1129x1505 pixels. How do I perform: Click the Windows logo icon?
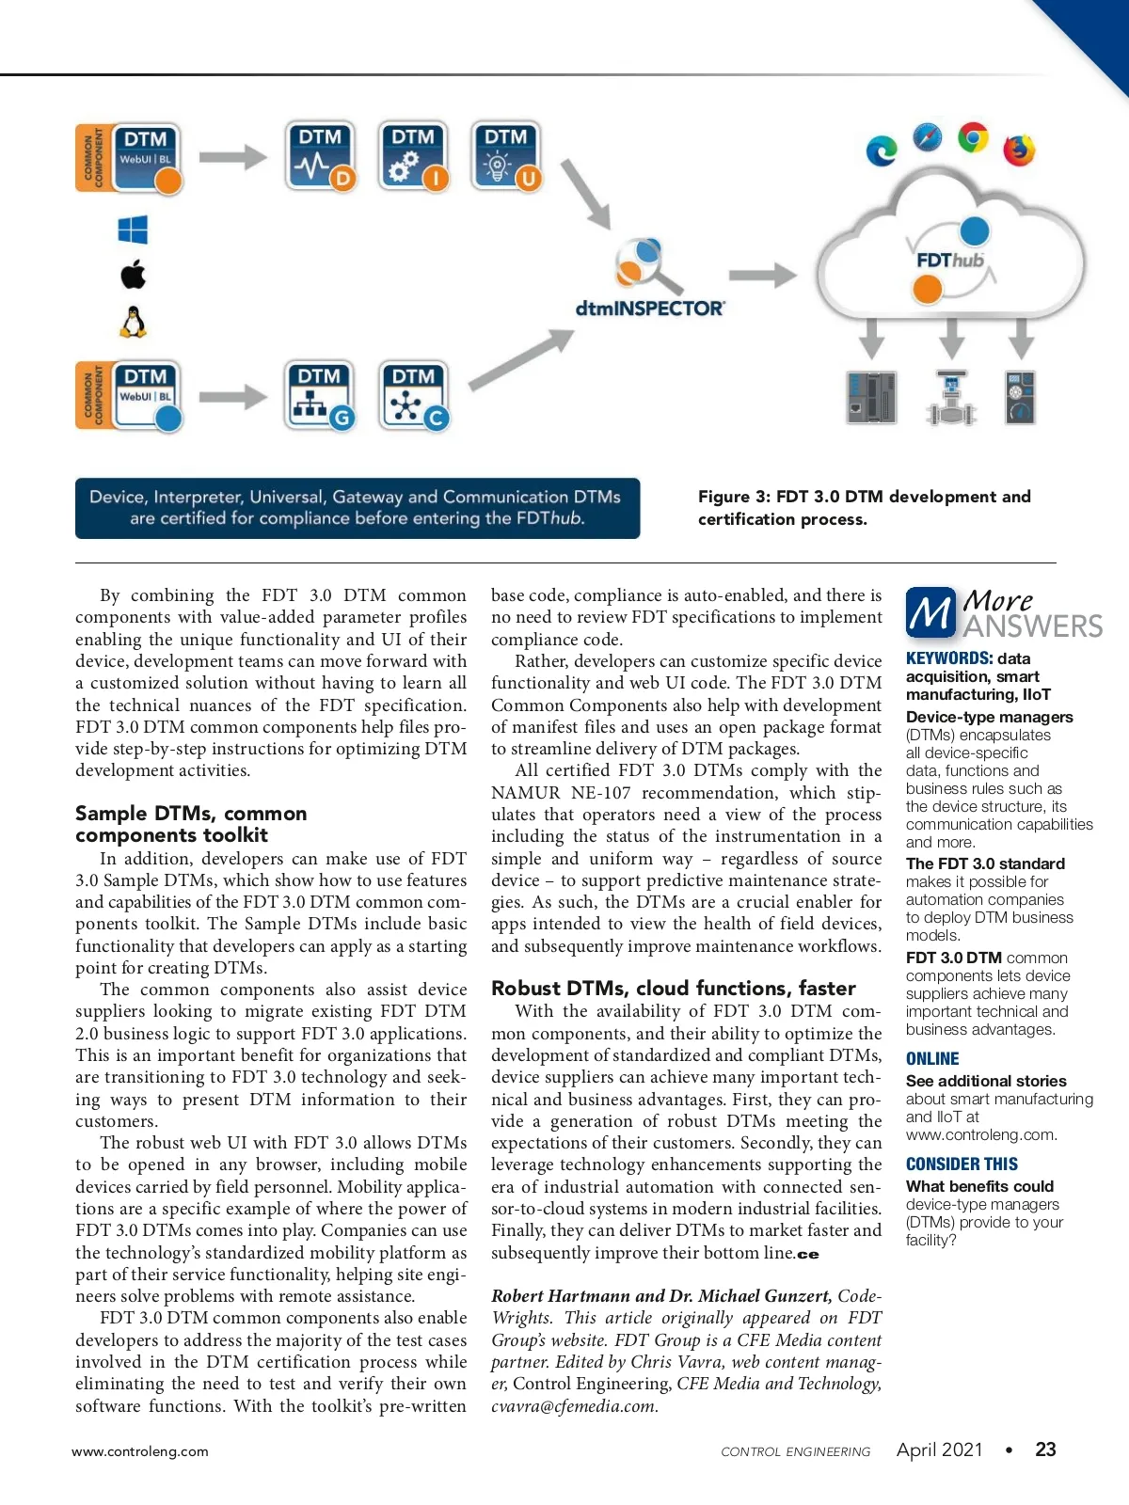(133, 230)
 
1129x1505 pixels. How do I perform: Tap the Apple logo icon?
(134, 275)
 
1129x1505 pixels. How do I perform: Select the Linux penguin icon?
(134, 322)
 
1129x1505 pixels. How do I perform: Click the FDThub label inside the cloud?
(949, 260)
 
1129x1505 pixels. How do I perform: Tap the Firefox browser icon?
(1019, 150)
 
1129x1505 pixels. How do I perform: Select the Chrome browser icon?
(973, 137)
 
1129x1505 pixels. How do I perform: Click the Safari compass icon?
(928, 137)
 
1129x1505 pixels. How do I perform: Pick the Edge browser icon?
(882, 150)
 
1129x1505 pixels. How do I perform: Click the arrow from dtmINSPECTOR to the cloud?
(762, 276)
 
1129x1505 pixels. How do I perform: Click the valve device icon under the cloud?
(951, 398)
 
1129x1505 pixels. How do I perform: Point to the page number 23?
(1045, 1450)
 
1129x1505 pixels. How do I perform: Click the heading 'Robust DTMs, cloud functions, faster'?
(674, 989)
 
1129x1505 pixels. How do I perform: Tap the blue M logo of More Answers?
(930, 613)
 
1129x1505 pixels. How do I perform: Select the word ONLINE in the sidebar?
(932, 1059)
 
